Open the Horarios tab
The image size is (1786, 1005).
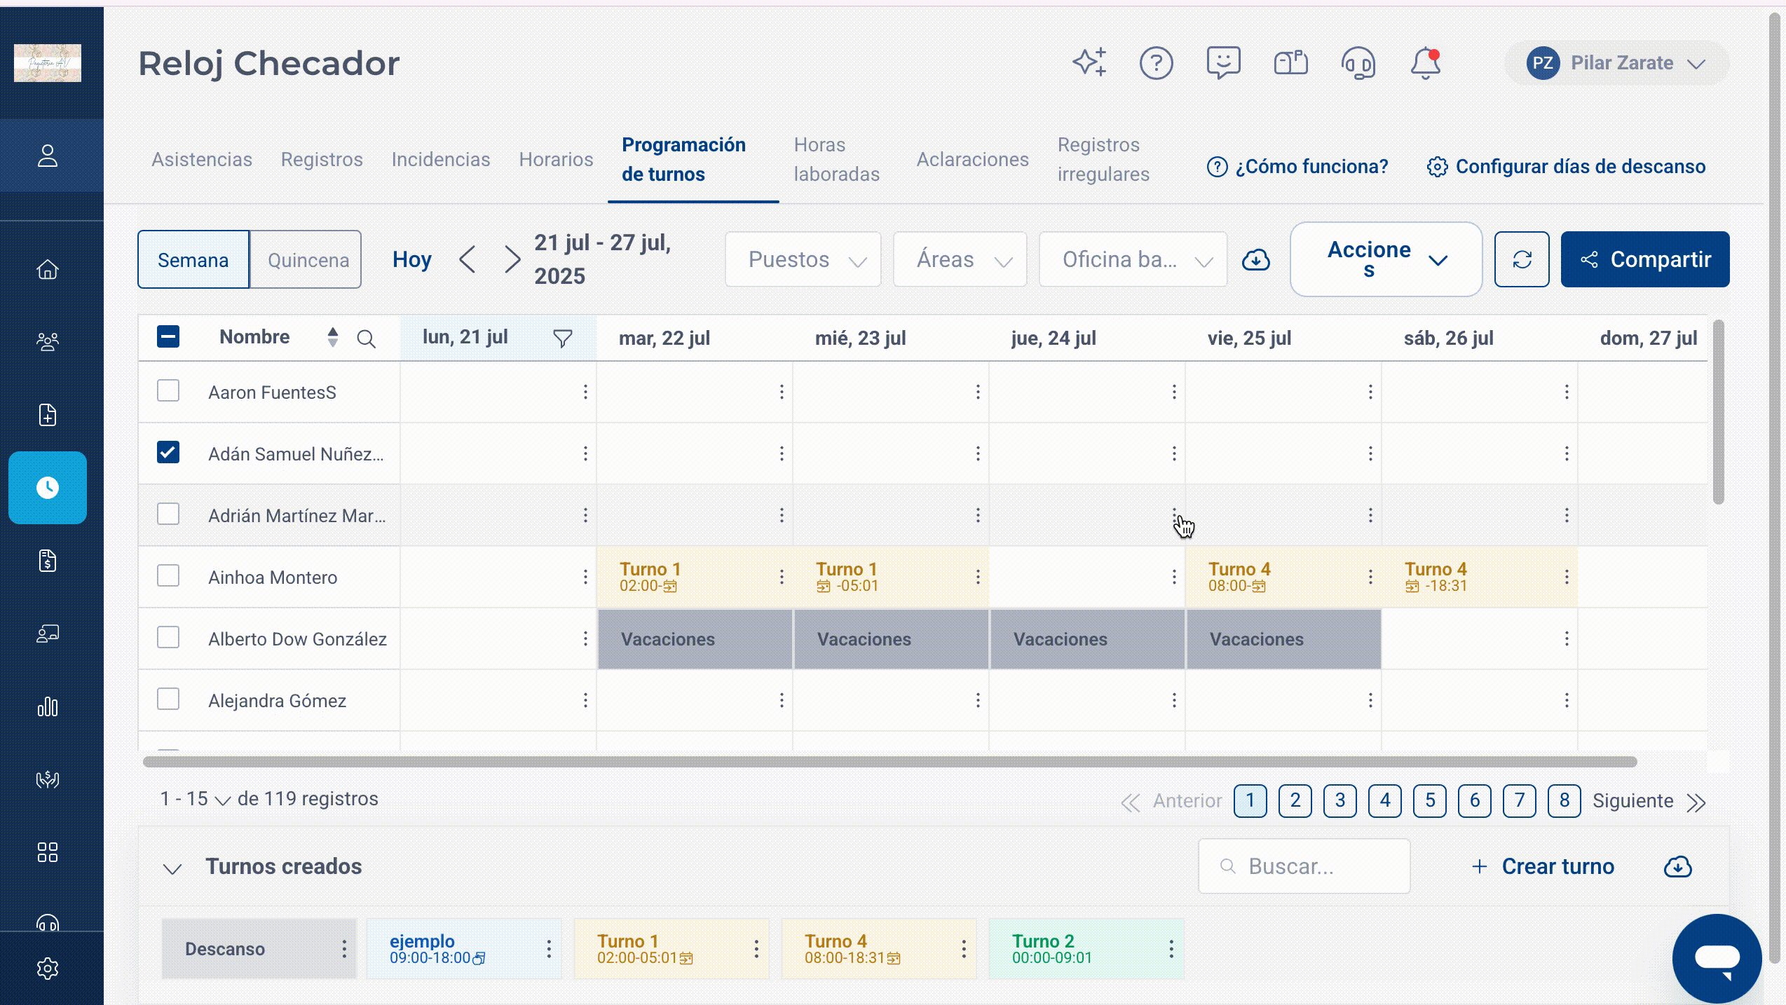[x=556, y=159]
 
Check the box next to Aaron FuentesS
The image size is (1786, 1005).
[x=168, y=390]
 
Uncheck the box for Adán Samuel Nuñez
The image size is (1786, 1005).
[x=168, y=452]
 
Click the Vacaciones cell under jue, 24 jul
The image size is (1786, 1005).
[x=1086, y=638]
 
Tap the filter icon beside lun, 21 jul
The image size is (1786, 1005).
[x=562, y=339]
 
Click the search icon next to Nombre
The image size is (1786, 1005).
[x=366, y=339]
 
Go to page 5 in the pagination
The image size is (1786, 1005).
[x=1429, y=800]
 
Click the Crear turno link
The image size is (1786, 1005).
[x=1542, y=866]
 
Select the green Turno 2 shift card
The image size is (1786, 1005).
[x=1086, y=949]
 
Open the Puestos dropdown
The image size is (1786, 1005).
[x=803, y=259]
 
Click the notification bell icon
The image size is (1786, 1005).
[x=1425, y=63]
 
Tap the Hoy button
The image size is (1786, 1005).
[x=411, y=259]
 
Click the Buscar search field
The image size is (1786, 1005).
[x=1304, y=866]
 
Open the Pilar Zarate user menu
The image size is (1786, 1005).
[x=1616, y=63]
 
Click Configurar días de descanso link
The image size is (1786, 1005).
[x=1566, y=167]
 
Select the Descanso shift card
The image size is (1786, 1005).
[x=259, y=949]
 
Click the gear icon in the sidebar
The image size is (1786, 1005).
[x=48, y=969]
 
